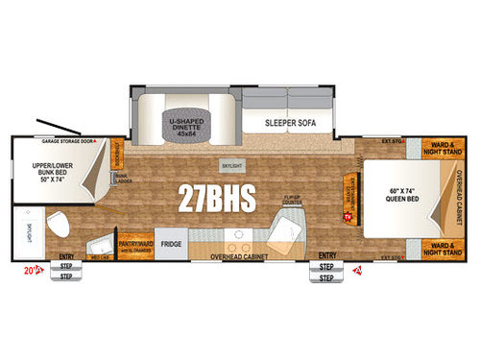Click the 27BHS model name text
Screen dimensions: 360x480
click(216, 198)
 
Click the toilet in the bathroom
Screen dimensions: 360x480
click(60, 227)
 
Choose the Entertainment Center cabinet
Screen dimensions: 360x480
click(349, 188)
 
